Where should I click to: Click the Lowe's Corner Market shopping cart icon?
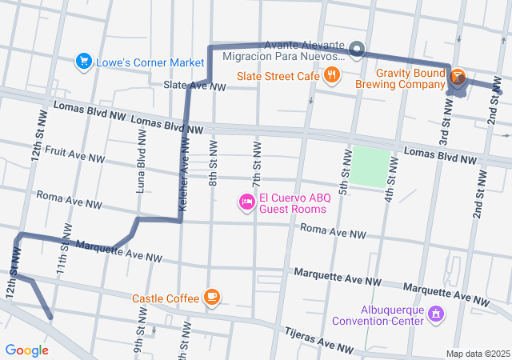pos(82,61)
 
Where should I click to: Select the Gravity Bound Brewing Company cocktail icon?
pos(457,78)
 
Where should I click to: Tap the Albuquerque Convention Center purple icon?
pos(436,314)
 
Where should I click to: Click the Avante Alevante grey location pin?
pos(357,50)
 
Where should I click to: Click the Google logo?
pos(26,350)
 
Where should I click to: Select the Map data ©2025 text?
pos(477,354)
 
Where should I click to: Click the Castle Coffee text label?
pos(166,298)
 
